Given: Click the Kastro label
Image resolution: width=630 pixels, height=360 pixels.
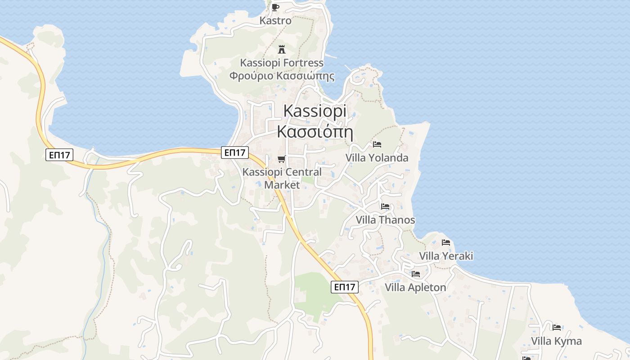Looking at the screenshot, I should (275, 21).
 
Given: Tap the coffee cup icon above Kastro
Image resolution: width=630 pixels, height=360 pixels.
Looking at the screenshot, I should (275, 7).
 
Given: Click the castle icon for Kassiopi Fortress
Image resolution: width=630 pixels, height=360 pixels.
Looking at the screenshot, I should (282, 49).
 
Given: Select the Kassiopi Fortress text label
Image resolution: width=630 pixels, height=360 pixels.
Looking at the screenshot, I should (282, 63).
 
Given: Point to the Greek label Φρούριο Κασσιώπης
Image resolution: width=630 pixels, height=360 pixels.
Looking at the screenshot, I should (282, 76).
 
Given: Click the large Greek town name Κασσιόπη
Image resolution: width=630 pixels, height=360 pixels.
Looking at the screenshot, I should (315, 132).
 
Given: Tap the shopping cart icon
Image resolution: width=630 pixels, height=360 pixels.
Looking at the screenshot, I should (282, 159).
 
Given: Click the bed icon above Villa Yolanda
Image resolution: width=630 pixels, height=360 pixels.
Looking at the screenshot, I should (377, 144).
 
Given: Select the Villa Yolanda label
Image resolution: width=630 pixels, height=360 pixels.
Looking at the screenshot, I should (377, 158).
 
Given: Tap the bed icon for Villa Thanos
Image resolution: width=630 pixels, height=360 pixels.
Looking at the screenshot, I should (385, 207).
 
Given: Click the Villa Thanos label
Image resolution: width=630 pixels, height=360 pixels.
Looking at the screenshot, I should (385, 220).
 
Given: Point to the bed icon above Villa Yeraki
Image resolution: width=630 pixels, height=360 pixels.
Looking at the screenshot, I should (446, 243).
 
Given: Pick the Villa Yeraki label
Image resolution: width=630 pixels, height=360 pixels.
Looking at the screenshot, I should (446, 256).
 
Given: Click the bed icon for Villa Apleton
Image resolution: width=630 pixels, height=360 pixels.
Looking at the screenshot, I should (416, 274).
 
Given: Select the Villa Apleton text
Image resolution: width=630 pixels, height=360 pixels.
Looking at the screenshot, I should (416, 287).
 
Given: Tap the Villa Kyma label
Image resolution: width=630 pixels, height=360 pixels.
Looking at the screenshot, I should (556, 341).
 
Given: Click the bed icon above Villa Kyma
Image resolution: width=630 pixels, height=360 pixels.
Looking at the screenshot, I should (557, 328).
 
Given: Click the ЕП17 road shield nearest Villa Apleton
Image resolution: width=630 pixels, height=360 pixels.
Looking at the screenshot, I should (345, 287).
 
